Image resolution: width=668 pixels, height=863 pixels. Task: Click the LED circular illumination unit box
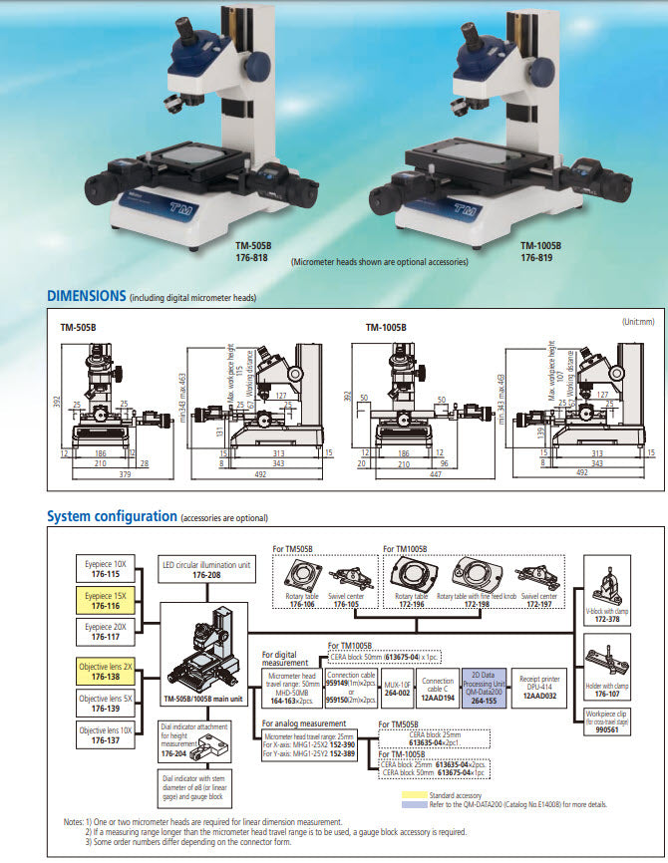207,569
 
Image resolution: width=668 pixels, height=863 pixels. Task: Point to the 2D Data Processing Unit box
489,685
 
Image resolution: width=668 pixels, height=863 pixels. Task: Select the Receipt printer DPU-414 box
540,685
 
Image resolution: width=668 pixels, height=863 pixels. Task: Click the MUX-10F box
398,685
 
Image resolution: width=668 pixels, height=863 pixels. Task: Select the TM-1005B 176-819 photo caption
539,250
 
